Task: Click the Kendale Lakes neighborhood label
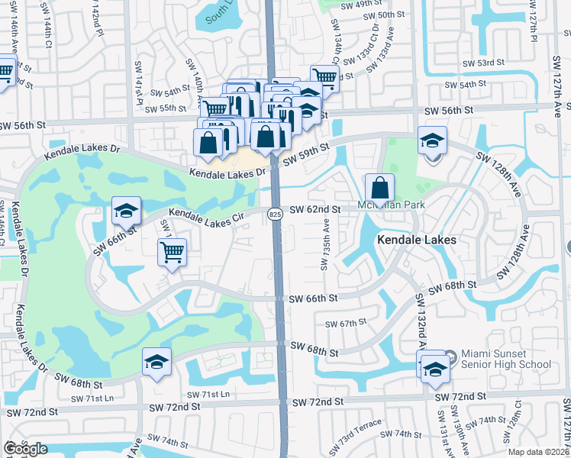coord(417,240)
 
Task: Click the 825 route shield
coord(275,216)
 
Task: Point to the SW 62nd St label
coord(314,208)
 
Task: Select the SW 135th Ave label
coord(325,245)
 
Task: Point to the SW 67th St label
coord(346,324)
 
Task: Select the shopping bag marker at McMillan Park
coord(379,188)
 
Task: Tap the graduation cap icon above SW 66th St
coord(126,211)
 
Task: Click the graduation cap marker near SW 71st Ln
coord(156,362)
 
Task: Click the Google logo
coord(25,449)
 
